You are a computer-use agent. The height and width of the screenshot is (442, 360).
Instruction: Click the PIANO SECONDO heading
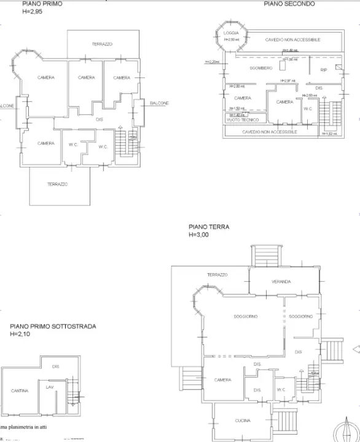click(x=289, y=4)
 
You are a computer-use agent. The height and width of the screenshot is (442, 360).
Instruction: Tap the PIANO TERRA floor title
click(x=209, y=227)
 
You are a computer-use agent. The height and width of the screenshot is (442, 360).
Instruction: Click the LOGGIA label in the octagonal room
click(x=231, y=33)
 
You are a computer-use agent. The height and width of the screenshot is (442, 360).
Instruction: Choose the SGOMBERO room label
click(x=260, y=68)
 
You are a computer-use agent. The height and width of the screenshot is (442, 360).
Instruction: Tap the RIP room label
click(x=324, y=70)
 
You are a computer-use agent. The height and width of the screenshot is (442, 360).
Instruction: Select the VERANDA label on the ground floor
click(x=280, y=282)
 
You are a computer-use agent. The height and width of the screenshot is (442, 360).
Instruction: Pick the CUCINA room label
click(x=242, y=421)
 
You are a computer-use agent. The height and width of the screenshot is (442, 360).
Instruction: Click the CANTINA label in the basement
click(x=19, y=390)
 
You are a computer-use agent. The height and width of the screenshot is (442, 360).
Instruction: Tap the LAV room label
click(x=49, y=387)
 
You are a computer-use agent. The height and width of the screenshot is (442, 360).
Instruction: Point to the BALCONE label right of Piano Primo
click(x=158, y=103)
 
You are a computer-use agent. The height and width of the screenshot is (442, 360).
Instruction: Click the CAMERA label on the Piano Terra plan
click(x=222, y=380)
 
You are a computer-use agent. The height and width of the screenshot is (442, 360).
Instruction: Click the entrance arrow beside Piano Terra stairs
click(x=355, y=349)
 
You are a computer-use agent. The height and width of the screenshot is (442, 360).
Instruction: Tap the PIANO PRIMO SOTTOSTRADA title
click(x=53, y=327)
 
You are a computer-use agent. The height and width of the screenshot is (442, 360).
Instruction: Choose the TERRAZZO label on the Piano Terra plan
click(x=217, y=274)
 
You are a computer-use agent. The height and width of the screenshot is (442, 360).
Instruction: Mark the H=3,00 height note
click(x=200, y=235)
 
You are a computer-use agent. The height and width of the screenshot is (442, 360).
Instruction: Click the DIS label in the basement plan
click(x=55, y=366)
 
